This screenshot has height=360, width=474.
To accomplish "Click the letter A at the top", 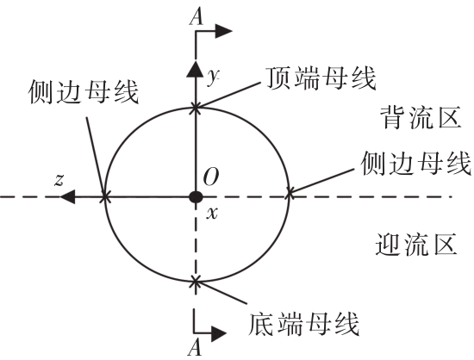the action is coord(196,17).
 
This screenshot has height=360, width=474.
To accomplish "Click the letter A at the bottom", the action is coord(194,348).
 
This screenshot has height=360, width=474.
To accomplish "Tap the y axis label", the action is coord(214,77).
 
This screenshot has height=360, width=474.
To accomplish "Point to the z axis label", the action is coord(59,180).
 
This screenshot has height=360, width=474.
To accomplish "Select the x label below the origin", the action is coord(212,214).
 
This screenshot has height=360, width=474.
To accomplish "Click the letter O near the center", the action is coord(210,177).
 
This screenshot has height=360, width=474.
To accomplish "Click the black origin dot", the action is coord(196,197).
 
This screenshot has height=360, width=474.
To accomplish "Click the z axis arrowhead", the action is coord(67,197).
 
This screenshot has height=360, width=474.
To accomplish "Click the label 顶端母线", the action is coord(321,78).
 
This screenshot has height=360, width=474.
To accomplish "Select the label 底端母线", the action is coord(303,324).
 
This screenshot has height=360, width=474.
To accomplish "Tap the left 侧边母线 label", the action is coord(83,92).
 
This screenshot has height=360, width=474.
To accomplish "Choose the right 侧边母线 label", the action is coord(416,163).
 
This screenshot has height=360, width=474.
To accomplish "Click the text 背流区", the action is coord(421,117).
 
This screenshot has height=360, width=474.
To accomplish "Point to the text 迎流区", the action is coord(416,245).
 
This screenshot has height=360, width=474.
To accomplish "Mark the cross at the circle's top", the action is coord(196,108).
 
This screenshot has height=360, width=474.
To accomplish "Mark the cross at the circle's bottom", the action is coord(196,282).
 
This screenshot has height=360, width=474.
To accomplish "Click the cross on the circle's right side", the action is coord(289,193).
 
